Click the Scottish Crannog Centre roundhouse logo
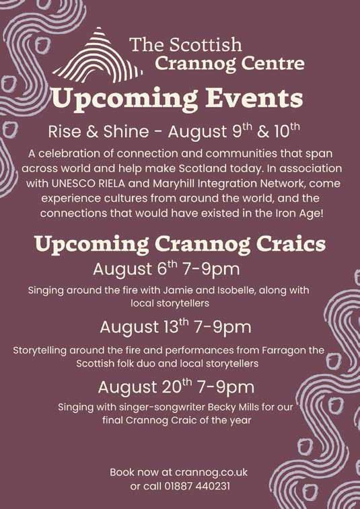[x=98, y=55]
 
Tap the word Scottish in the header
[x=205, y=44]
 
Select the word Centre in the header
[x=273, y=63]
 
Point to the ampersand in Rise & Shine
[x=93, y=132]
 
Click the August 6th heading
[x=166, y=269]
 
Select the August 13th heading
[x=176, y=327]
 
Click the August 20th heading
[x=176, y=387]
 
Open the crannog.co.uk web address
[x=211, y=472]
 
